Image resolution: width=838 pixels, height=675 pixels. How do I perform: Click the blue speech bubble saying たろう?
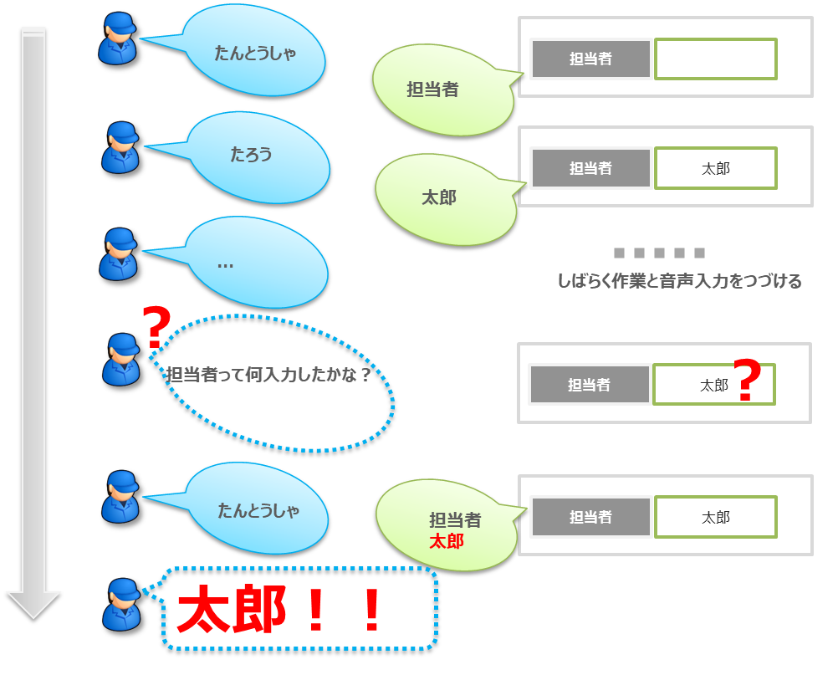255,156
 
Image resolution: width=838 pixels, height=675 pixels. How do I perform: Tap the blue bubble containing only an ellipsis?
255,262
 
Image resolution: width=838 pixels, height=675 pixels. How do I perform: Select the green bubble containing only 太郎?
443,198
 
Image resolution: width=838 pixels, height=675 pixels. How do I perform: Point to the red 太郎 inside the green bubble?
446,541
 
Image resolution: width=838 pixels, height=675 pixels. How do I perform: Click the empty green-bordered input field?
715,59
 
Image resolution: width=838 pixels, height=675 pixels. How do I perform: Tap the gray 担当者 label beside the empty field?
590,59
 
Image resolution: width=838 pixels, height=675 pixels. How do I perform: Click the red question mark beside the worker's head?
156,328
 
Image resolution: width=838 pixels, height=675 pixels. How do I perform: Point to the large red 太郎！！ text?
280,611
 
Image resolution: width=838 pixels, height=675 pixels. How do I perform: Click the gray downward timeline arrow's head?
33,603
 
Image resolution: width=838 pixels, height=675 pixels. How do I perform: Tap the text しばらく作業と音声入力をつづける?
679,281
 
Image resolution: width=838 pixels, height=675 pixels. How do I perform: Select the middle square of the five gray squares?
659,253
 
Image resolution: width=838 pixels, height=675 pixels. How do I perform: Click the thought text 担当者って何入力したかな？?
268,375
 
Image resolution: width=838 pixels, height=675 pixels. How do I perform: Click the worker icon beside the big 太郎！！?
121,604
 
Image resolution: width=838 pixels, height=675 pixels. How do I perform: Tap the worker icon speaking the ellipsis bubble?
118,254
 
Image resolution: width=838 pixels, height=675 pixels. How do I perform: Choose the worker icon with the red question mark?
121,360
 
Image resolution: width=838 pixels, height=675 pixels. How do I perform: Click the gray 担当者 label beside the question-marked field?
589,385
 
